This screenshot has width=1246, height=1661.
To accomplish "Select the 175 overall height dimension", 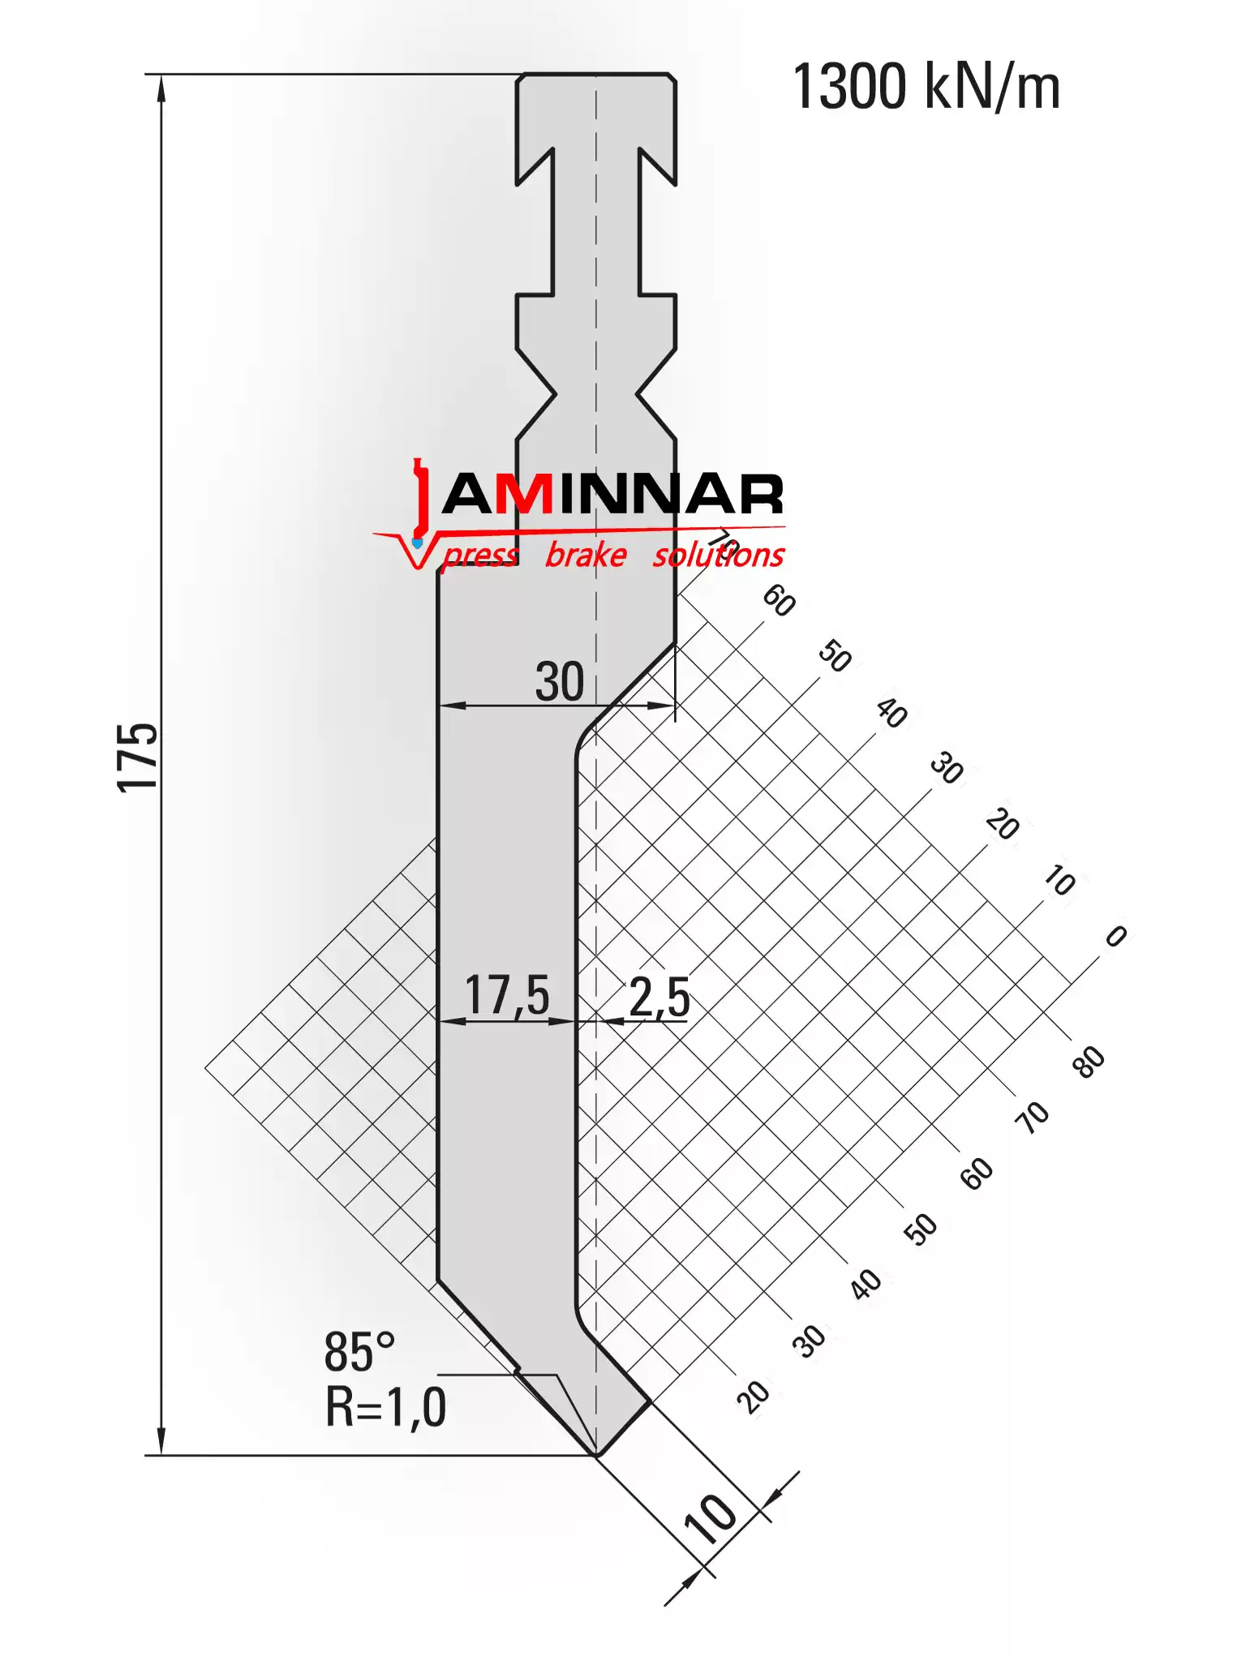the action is point(138,757).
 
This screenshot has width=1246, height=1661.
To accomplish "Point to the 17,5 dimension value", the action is point(507,995).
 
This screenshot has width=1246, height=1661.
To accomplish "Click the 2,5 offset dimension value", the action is point(659,997).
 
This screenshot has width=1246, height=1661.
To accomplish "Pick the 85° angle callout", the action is point(359,1352).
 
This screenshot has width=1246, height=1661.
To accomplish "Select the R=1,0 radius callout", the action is point(385,1407).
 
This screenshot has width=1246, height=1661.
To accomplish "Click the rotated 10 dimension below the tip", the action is point(711,1517).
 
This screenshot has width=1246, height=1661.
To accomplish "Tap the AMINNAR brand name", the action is point(613,494).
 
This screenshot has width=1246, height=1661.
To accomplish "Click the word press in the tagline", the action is point(480,556).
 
